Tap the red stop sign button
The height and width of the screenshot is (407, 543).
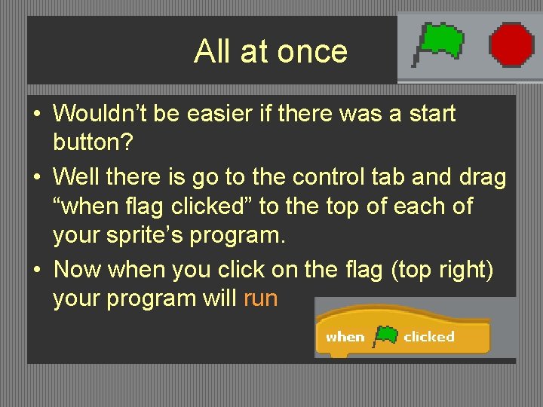coord(511,44)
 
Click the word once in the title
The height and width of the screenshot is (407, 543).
coord(312,51)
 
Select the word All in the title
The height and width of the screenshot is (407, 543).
coord(212,51)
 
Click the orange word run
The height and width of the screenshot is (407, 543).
coord(261,298)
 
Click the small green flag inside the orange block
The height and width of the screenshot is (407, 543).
coord(385,335)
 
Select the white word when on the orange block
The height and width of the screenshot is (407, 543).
coord(345,337)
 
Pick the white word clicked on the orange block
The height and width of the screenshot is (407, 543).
coord(428,337)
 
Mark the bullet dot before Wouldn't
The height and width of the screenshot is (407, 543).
coord(36,115)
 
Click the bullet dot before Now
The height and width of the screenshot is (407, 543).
coord(36,269)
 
